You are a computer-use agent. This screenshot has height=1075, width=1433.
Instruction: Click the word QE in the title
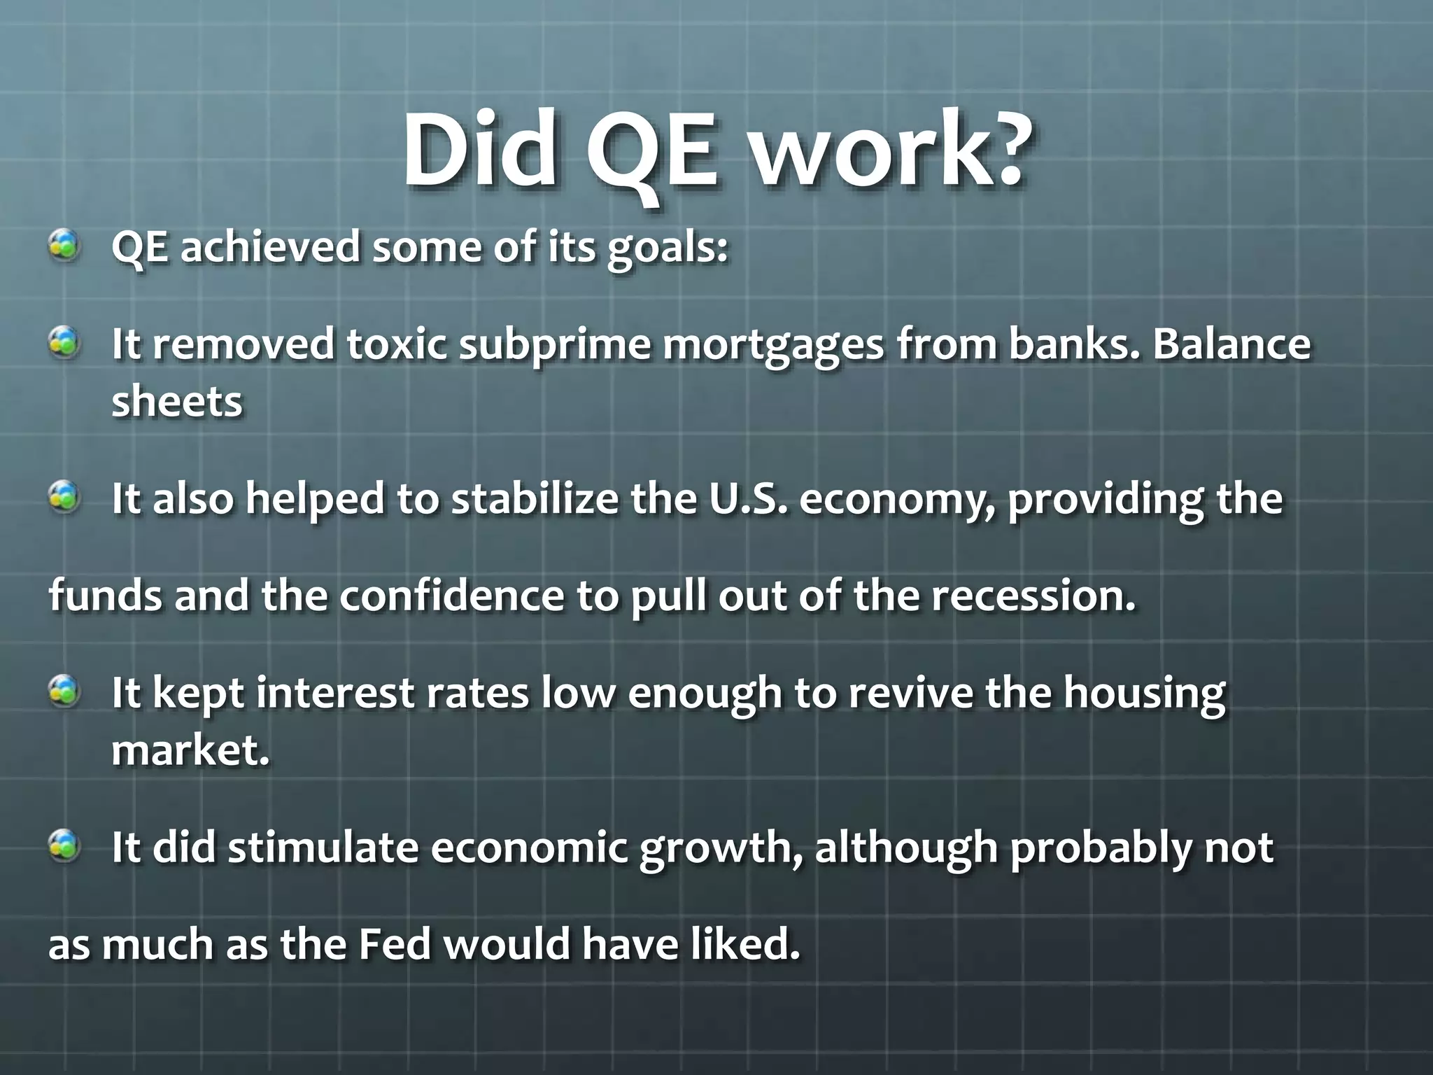click(x=651, y=150)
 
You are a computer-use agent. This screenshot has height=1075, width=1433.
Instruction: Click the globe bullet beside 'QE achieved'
click(x=64, y=246)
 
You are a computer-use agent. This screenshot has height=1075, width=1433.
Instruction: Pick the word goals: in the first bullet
click(x=668, y=248)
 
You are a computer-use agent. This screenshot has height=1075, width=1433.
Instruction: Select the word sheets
click(x=177, y=402)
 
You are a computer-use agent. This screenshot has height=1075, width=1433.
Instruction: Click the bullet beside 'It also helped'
click(x=64, y=498)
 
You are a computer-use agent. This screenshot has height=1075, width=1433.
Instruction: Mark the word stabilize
click(x=535, y=498)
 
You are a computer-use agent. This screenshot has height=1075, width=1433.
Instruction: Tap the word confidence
click(x=452, y=596)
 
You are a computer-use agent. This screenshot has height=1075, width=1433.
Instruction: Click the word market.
click(x=190, y=750)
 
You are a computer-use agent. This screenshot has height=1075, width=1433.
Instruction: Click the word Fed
click(x=395, y=944)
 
